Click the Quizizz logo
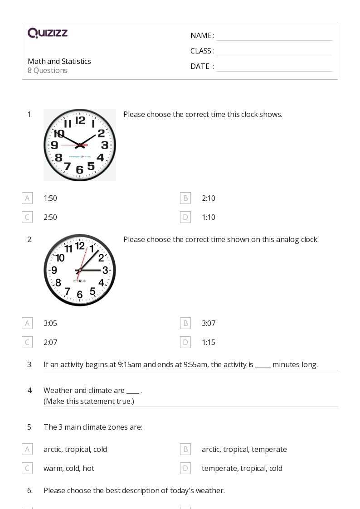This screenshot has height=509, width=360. pos(48,33)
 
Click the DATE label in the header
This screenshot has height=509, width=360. pos(200,66)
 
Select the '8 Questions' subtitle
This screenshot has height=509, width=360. pos(48,70)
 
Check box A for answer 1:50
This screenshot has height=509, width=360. pos(27,198)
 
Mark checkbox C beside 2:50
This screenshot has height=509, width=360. pos(27,217)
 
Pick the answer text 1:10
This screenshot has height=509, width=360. pos(209,217)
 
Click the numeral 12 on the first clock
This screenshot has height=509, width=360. pos(80,120)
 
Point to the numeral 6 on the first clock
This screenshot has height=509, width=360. pos(80,170)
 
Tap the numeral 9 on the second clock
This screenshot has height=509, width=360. pos(54,271)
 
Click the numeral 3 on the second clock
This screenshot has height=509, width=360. pos(105,270)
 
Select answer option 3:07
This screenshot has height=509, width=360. pos(209,323)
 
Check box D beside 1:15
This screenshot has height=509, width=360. pos(185,342)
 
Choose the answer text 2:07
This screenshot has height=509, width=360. pos(50,342)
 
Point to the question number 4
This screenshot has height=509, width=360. pos(30,390)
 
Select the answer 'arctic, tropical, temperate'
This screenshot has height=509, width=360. pos(244,449)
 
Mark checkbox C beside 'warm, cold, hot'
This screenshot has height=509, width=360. pos(27,468)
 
